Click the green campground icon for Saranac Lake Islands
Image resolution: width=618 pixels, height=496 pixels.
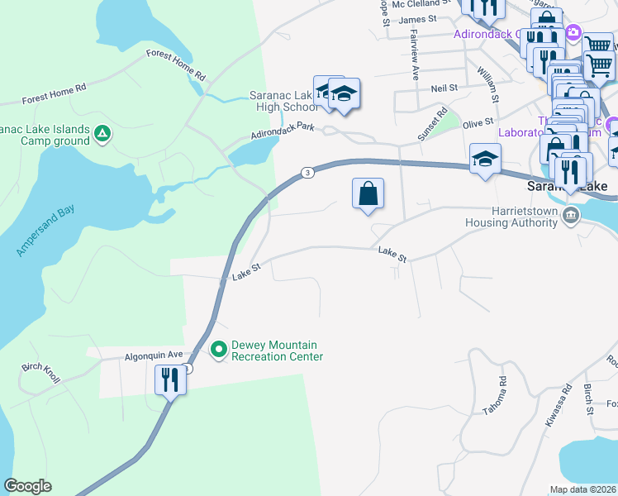pos(102,133)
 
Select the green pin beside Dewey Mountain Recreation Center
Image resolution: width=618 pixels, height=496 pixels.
pos(219,351)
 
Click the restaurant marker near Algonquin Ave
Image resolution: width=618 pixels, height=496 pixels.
pos(169,381)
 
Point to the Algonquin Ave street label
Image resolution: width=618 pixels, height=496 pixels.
pos(153,356)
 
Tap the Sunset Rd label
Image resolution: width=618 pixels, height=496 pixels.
pos(431,123)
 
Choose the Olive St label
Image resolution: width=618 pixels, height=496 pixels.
pos(478,123)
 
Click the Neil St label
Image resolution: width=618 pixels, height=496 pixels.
pos(444,87)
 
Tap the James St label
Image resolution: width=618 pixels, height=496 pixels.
pos(416,19)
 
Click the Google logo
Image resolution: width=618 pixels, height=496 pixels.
pos(27,486)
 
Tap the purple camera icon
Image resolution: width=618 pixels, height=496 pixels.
pos(573,33)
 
